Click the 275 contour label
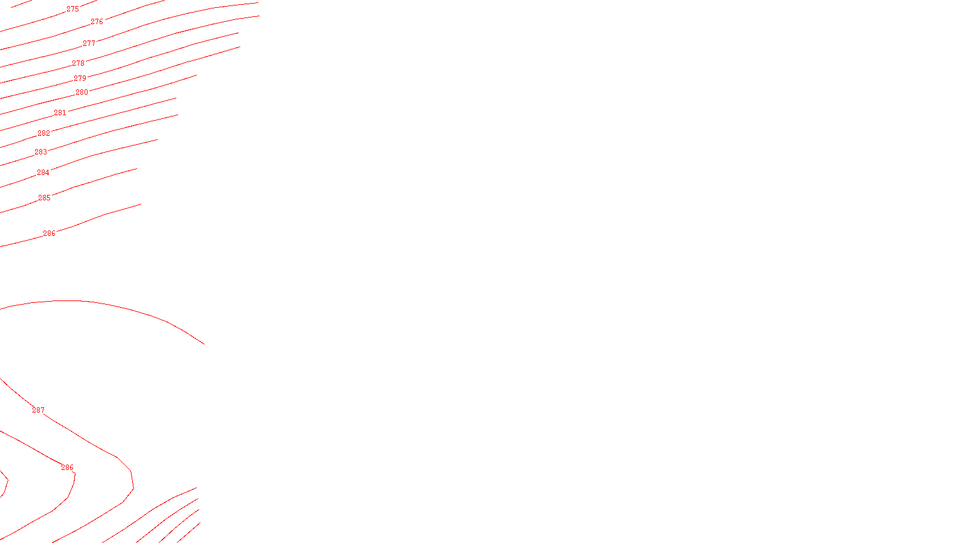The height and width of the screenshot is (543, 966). [72, 9]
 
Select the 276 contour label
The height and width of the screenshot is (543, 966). [97, 22]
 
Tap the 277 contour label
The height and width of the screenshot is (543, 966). [89, 43]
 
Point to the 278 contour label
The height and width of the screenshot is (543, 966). [78, 63]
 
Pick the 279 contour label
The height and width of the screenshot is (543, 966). [80, 78]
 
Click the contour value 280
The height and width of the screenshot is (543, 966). [82, 92]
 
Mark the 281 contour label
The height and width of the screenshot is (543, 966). [60, 113]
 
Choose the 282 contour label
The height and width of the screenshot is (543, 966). [43, 133]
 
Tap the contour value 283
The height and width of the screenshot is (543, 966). [40, 152]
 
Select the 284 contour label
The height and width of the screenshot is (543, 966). [43, 173]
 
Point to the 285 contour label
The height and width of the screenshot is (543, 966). [44, 198]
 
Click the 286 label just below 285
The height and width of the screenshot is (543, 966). [49, 233]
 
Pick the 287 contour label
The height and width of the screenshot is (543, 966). [38, 410]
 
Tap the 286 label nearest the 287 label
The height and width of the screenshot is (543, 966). [67, 468]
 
